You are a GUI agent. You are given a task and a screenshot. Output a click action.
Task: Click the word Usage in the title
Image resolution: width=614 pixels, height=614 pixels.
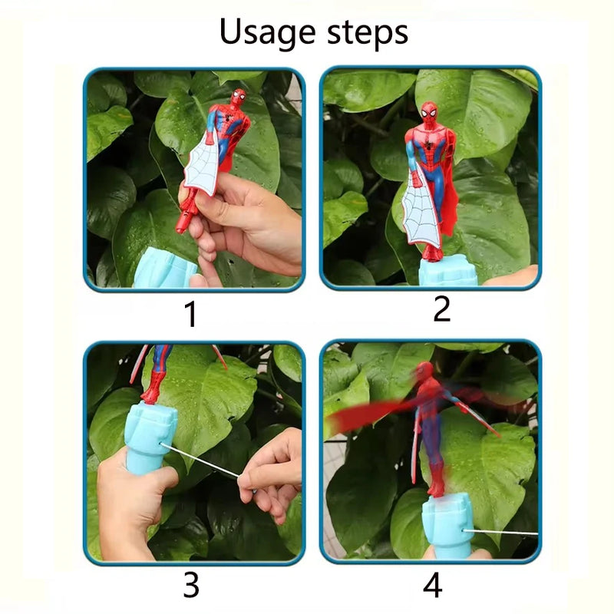click(x=266, y=33)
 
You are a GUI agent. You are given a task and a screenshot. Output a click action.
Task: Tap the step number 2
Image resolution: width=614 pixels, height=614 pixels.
click(x=441, y=309)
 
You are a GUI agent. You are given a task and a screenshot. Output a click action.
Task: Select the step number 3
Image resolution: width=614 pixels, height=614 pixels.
click(x=191, y=586)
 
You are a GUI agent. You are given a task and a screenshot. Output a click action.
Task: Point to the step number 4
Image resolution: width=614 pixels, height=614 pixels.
click(x=433, y=586)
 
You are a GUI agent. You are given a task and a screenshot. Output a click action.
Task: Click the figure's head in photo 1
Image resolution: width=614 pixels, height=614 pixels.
click(x=238, y=98)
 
